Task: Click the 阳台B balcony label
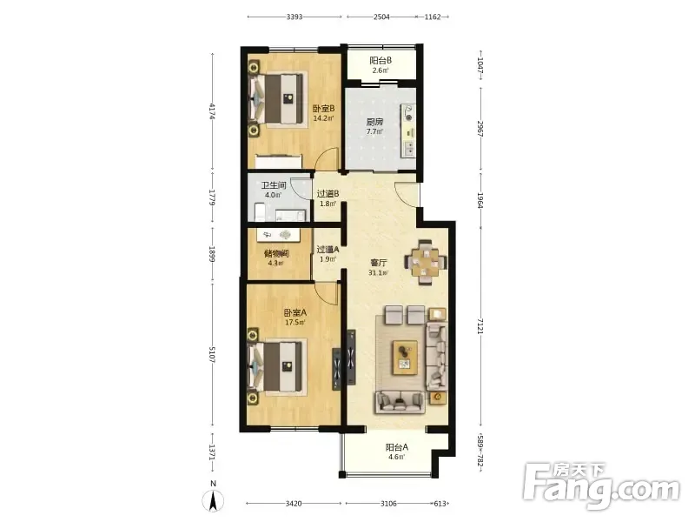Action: [x=381, y=60]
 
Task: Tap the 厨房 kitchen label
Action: [x=374, y=122]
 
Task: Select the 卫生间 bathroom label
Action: [x=273, y=185]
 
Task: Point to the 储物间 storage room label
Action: [x=276, y=253]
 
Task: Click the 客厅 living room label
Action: [x=379, y=263]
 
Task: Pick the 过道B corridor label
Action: [x=328, y=194]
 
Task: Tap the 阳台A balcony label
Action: [x=397, y=447]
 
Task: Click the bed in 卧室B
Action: [x=279, y=98]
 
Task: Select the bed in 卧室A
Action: [x=278, y=365]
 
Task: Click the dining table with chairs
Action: [x=425, y=263]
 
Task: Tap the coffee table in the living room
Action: [x=405, y=357]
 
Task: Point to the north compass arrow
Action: [x=213, y=502]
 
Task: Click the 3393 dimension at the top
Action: [x=295, y=17]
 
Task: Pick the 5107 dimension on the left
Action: [x=212, y=355]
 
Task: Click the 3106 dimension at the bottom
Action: [x=388, y=504]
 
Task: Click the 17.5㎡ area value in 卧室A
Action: [x=295, y=323]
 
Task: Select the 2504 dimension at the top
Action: [x=381, y=17]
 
